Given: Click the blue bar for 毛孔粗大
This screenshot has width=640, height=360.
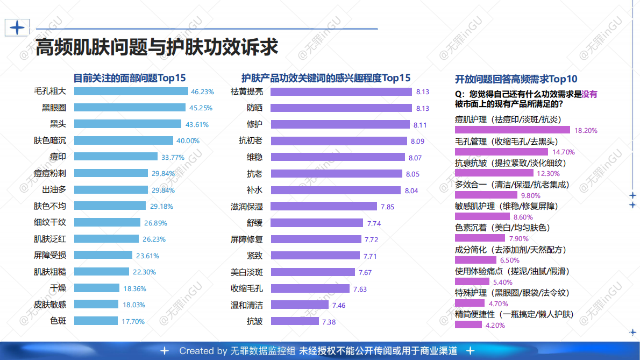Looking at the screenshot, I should [x=131, y=91].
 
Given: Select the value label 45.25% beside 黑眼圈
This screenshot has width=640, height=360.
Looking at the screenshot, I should [x=201, y=108].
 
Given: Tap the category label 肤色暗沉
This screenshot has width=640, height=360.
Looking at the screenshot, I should [x=50, y=140].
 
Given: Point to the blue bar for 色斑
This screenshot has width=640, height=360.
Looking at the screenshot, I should [x=96, y=321].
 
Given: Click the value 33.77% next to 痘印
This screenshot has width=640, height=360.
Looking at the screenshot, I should [x=173, y=157].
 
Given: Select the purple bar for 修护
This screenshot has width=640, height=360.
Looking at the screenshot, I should [x=340, y=124].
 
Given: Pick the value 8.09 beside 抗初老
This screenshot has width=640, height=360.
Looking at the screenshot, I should [x=417, y=142].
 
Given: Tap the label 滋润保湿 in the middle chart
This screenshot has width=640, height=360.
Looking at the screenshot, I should [x=247, y=206].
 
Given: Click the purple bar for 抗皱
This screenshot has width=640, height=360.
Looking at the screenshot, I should [x=295, y=321].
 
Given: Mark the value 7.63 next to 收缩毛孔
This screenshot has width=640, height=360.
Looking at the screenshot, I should [x=360, y=289].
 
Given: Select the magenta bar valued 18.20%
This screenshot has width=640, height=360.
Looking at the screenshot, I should [x=512, y=130].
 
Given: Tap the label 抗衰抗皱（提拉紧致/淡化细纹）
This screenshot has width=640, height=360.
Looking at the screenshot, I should [x=510, y=163].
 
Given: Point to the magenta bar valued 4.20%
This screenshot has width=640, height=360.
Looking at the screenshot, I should [x=468, y=324].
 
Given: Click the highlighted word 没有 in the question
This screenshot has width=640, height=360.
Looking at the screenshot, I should [x=589, y=94].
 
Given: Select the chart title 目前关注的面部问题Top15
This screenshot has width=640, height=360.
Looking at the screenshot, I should [x=130, y=77].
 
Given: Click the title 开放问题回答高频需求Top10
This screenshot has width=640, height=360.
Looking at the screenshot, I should [x=516, y=79].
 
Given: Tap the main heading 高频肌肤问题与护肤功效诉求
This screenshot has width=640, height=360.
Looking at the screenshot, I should [x=157, y=47].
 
